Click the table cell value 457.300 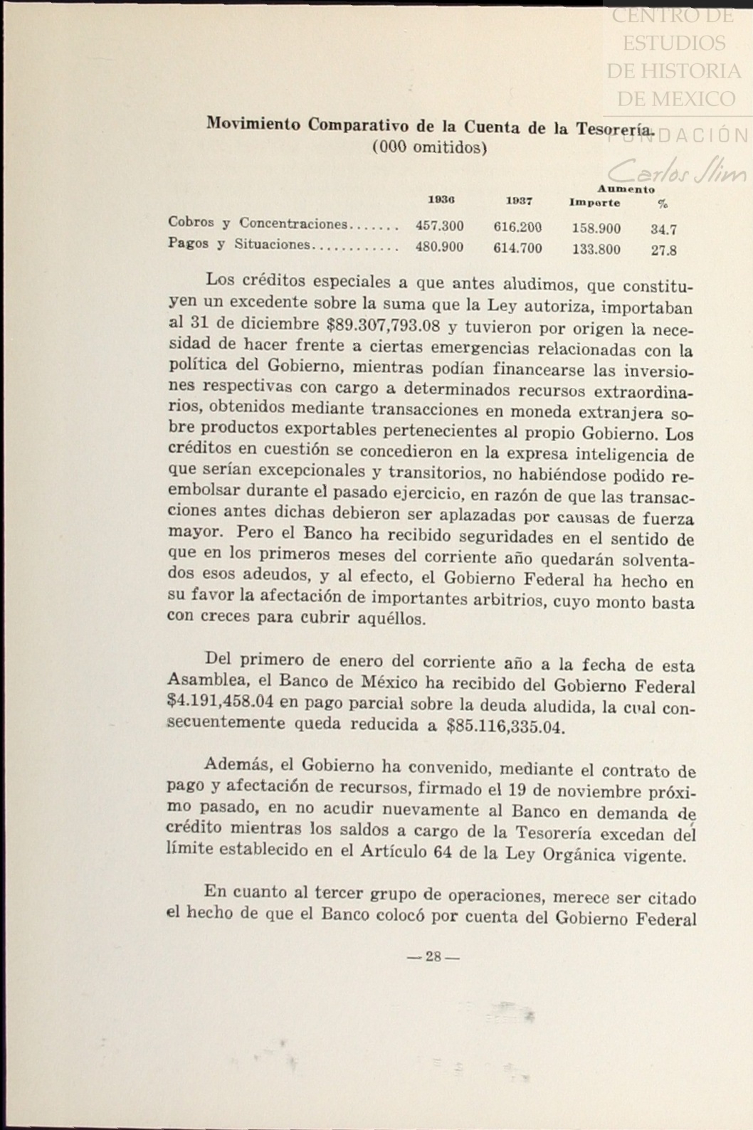pos(439,226)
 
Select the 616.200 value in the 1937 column pos(517,228)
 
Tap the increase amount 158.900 pos(596,228)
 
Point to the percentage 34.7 pos(663,230)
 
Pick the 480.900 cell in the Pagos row pos(439,247)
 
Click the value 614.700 pos(517,248)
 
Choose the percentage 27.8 pos(663,250)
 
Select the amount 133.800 pos(596,249)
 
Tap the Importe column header pos(594,203)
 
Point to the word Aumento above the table pos(626,189)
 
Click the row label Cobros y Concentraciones pos(257,223)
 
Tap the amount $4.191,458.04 pos(220,702)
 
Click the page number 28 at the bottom pos(433,957)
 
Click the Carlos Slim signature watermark pos(677,171)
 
